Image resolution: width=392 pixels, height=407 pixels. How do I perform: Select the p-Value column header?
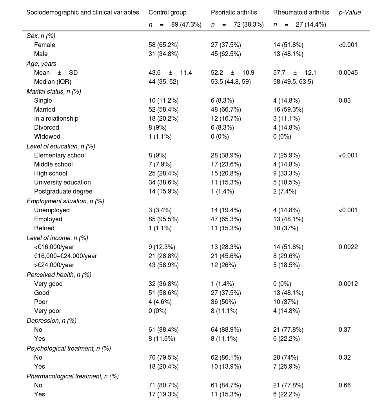pos(350,13)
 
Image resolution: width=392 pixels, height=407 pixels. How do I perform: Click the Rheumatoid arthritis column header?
pos(301,13)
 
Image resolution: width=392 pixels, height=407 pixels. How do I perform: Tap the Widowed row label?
pos(47,137)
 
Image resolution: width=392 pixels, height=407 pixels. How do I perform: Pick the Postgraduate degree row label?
pos(63,192)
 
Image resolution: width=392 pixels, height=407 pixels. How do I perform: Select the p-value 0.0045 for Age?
pos(348,72)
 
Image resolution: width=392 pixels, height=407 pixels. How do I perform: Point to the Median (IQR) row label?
pos(53,82)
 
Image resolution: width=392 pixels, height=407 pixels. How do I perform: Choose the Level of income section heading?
pos(57,238)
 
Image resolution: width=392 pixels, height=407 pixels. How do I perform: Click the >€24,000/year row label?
pos(54,265)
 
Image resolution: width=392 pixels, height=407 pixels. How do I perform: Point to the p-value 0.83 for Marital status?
pos(344,100)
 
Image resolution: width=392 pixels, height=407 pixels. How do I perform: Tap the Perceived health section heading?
pos(59,275)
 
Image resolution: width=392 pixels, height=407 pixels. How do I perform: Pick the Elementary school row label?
pos(60,155)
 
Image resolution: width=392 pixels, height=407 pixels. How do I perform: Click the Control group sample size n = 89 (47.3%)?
pos(175,25)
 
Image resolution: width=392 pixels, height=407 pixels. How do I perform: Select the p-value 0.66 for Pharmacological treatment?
pos(344,385)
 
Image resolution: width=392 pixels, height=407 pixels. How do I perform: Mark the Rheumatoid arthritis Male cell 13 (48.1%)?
pos(288,54)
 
